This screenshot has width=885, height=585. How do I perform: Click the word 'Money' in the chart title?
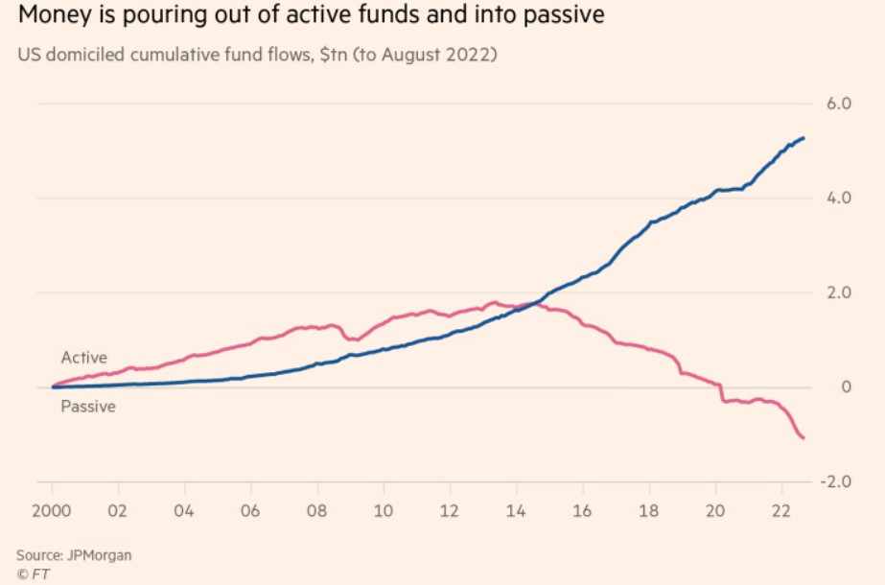tap(48, 16)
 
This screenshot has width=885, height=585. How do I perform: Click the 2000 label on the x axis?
tap(55, 509)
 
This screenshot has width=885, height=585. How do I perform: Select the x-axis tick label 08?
tap(316, 509)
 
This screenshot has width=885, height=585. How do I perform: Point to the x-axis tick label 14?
tap(516, 509)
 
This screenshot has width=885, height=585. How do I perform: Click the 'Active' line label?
tap(83, 358)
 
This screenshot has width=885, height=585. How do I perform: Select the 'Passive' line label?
tap(88, 407)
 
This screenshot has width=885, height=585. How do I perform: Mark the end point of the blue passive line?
tap(803, 138)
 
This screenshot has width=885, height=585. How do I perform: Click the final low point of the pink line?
tap(803, 438)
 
